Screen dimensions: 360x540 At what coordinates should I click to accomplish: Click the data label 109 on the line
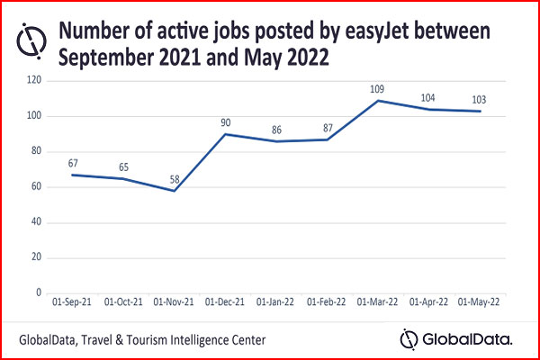[x=377, y=89]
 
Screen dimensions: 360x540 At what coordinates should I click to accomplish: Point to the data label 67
[x=72, y=164]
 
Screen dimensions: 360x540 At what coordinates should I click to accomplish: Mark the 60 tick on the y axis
[x=36, y=187]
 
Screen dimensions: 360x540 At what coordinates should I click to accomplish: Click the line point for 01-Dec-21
[x=225, y=134]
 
